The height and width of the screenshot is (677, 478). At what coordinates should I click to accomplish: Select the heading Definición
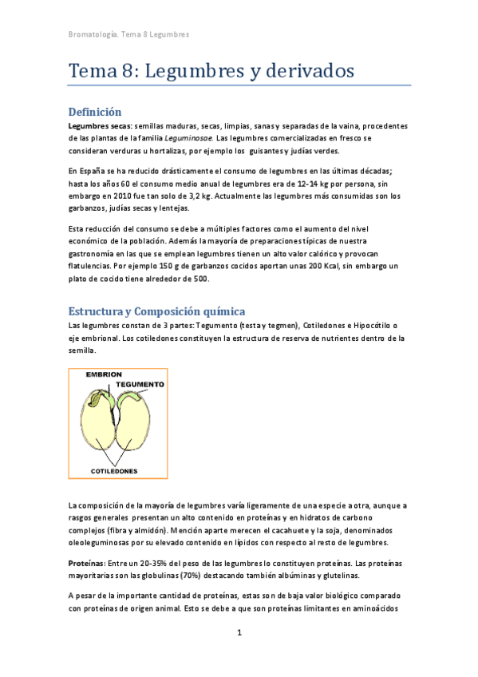(95, 112)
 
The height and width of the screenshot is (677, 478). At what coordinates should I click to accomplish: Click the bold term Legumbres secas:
(100, 126)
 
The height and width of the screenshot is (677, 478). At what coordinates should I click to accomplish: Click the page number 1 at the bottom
(239, 634)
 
